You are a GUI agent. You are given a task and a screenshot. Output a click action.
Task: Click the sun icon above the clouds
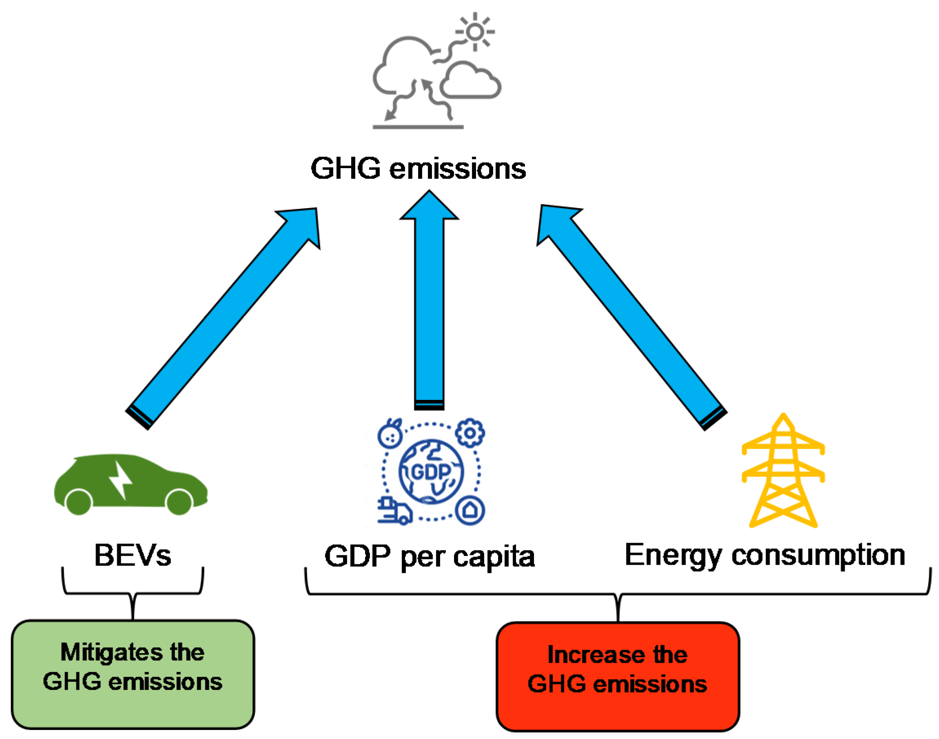[475, 31]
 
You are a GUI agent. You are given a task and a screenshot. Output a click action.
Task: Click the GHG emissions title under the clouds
[418, 169]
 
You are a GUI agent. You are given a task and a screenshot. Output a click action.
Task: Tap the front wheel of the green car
[179, 502]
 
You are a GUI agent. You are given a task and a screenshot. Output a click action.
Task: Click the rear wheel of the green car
[78, 502]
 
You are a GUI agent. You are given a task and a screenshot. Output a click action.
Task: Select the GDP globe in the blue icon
[431, 472]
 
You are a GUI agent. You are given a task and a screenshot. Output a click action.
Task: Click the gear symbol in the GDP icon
[470, 433]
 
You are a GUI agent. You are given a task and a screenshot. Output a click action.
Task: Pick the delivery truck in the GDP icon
[394, 512]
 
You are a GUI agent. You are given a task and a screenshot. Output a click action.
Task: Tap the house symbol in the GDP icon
[470, 511]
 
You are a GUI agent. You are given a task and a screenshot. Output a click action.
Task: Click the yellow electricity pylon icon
[783, 472]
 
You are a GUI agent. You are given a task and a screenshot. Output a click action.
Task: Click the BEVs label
[133, 556]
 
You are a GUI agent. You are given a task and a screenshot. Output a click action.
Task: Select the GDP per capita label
[430, 557]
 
